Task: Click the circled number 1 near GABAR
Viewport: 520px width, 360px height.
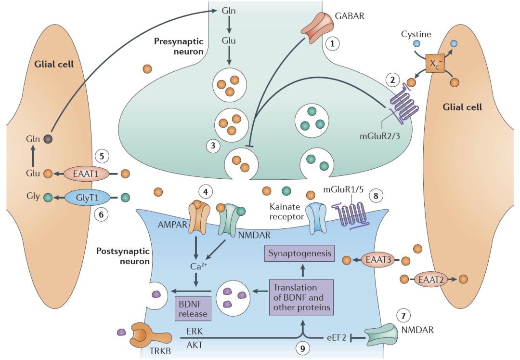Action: point(332,43)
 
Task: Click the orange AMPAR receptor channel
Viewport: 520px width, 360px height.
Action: point(198,218)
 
